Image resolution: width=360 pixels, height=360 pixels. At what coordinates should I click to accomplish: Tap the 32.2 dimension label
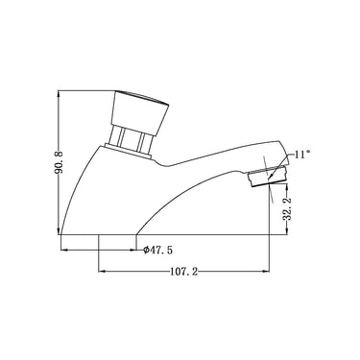[x=287, y=209]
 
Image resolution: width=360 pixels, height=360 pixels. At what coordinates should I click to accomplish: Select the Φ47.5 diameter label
[x=157, y=250]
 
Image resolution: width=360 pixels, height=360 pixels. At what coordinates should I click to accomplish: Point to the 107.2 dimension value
[x=183, y=272]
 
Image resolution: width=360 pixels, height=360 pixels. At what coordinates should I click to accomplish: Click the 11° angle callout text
[x=301, y=155]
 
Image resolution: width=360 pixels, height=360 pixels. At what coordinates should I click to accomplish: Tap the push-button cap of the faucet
[x=140, y=111]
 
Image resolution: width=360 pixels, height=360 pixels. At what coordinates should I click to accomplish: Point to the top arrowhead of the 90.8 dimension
[x=59, y=95]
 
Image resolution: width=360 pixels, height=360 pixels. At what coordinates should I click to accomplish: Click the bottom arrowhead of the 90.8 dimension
[x=59, y=230]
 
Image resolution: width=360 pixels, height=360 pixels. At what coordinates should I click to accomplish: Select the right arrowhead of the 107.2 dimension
[x=265, y=272]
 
